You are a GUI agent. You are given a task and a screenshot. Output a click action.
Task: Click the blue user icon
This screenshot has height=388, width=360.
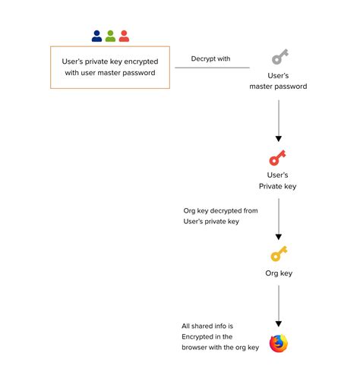coord(96,36)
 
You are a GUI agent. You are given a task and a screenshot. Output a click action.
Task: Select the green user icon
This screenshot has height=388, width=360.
coord(110,36)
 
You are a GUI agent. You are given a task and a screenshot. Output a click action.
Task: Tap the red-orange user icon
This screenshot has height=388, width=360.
coord(124,36)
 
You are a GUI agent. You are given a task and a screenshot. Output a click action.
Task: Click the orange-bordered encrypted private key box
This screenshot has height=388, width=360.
coord(110,68)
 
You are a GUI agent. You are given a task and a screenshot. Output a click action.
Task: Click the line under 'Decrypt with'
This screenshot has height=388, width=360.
coord(212,68)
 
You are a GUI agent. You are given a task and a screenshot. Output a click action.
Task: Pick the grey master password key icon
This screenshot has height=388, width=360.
coord(279,57)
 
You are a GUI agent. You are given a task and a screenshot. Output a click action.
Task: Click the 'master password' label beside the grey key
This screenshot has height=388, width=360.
coord(279,87)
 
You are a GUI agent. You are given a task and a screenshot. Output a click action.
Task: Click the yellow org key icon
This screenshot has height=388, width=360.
coord(278,254)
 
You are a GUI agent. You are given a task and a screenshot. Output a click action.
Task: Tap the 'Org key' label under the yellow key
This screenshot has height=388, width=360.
coord(278,273)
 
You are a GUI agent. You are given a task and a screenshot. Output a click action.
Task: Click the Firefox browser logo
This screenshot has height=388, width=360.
coord(279,343)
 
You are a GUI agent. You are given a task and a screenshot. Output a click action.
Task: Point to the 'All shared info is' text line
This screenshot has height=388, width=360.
coord(207,326)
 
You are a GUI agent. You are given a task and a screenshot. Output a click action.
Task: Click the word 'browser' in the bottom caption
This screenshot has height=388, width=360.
coord(196,347)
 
